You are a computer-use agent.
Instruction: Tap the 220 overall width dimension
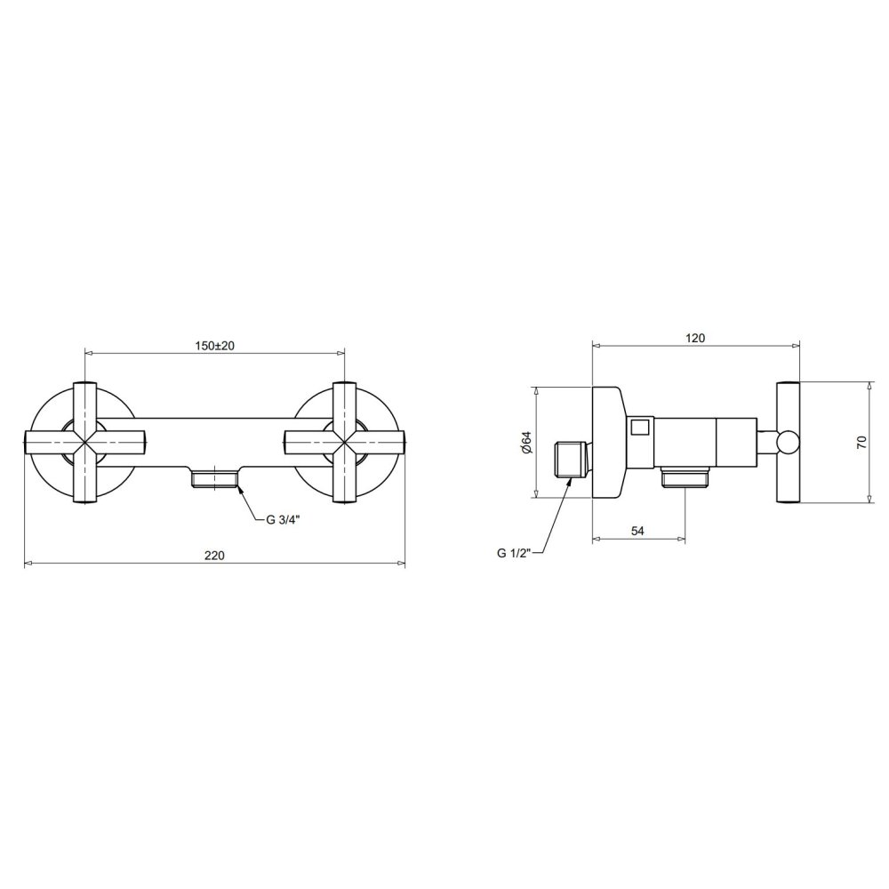214,555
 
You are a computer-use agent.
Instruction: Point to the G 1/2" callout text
514,553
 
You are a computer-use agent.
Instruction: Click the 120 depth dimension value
695,338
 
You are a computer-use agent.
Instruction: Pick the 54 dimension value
637,531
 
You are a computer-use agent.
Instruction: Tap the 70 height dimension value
861,442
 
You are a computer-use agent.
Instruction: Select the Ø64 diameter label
526,442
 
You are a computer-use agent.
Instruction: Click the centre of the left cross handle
85,442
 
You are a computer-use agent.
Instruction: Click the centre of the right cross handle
344,442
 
